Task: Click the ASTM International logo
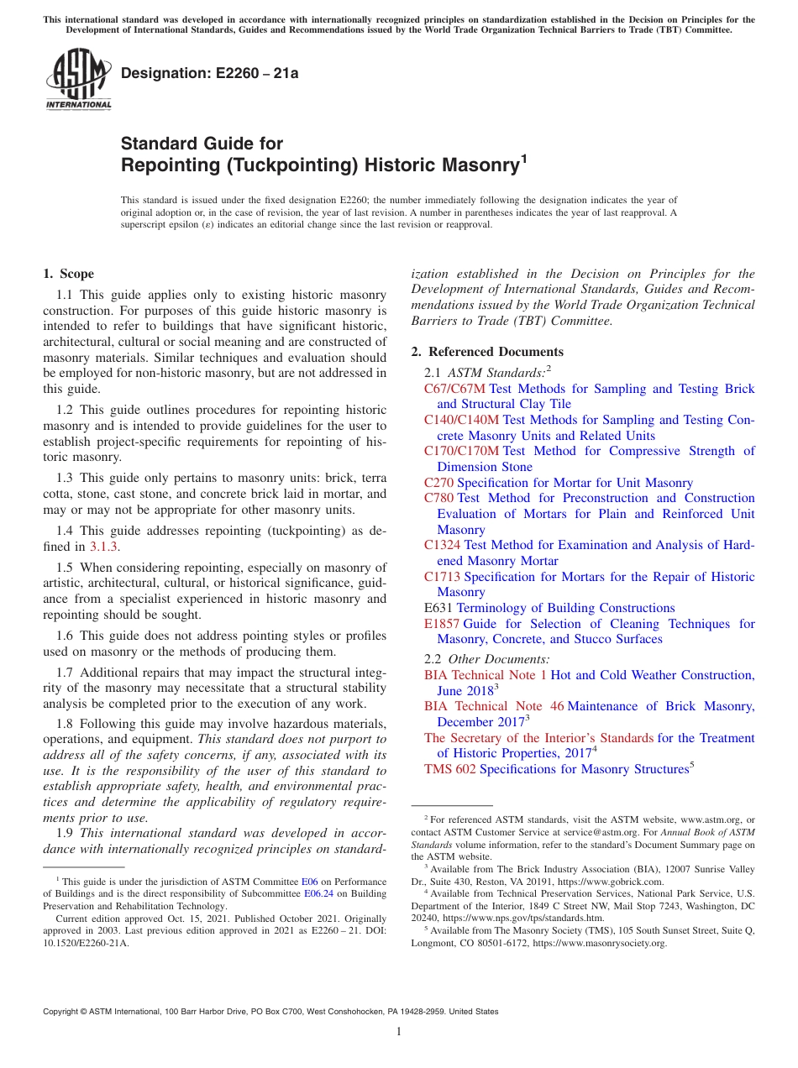[x=78, y=81]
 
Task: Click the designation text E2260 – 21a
[x=210, y=74]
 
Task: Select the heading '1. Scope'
[x=68, y=274]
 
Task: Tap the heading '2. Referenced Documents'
[x=487, y=352]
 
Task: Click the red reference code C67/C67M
[x=454, y=389]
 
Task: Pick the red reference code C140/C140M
[x=461, y=420]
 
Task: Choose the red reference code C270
[x=438, y=483]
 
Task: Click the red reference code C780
[x=438, y=498]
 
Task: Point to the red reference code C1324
[x=442, y=545]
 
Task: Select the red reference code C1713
[x=442, y=577]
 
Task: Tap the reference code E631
[x=438, y=608]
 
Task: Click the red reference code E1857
[x=442, y=624]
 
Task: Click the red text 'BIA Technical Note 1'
[x=485, y=675]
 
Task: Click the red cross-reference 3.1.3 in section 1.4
[x=105, y=546]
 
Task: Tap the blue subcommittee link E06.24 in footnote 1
[x=318, y=894]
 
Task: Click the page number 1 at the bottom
[x=399, y=1032]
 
